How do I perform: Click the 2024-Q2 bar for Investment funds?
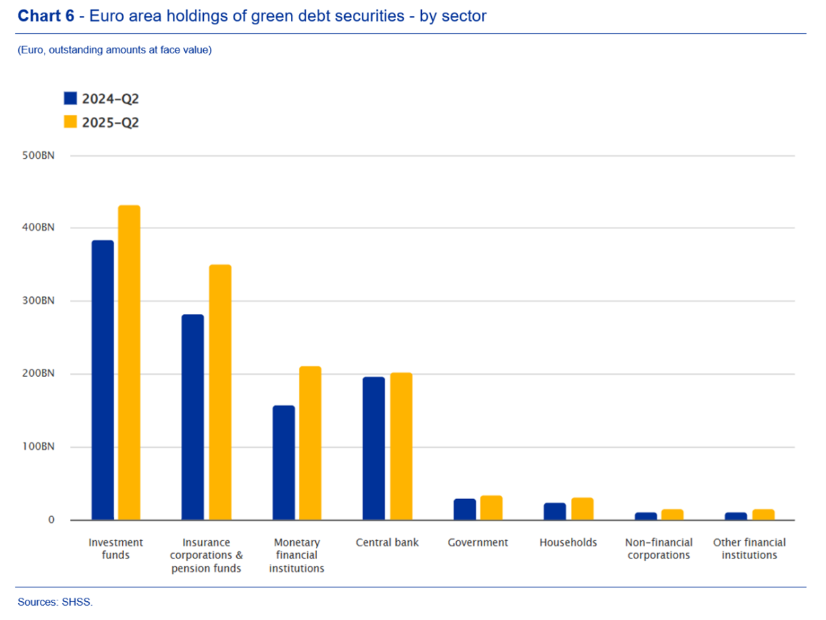click(103, 380)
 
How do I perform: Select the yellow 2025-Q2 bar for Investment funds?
click(129, 362)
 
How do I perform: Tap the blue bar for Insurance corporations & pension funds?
click(193, 417)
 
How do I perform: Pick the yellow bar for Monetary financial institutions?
click(310, 443)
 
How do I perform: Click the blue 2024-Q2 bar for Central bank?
click(374, 448)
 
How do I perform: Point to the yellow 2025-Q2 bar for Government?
click(491, 508)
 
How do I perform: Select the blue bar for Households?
click(555, 511)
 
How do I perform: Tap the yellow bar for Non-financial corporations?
click(673, 515)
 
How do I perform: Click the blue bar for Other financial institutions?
click(736, 516)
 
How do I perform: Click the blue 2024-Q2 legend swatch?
click(71, 99)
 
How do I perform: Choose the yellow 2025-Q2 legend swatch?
click(71, 122)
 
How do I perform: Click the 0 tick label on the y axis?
click(51, 520)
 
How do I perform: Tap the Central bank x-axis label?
click(387, 542)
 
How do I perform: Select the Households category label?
click(568, 542)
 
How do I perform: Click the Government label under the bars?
click(478, 542)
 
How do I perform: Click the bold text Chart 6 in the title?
click(46, 16)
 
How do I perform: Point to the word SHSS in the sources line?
click(80, 602)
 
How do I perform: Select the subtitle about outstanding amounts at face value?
click(115, 50)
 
